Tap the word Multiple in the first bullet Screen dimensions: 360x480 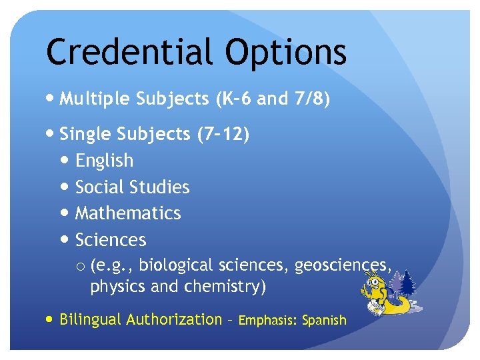pyautogui.click(x=95, y=99)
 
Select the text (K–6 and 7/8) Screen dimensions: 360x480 pyautogui.click(x=273, y=99)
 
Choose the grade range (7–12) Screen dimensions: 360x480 pyautogui.click(x=223, y=134)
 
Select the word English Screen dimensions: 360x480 pyautogui.click(x=104, y=161)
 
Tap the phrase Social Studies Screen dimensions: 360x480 pyautogui.click(x=133, y=187)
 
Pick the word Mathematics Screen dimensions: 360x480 pyautogui.click(x=128, y=213)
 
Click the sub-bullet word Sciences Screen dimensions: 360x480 pyautogui.click(x=111, y=240)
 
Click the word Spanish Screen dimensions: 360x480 pyautogui.click(x=325, y=321)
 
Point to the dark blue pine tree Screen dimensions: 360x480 pyautogui.click(x=407, y=283)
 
